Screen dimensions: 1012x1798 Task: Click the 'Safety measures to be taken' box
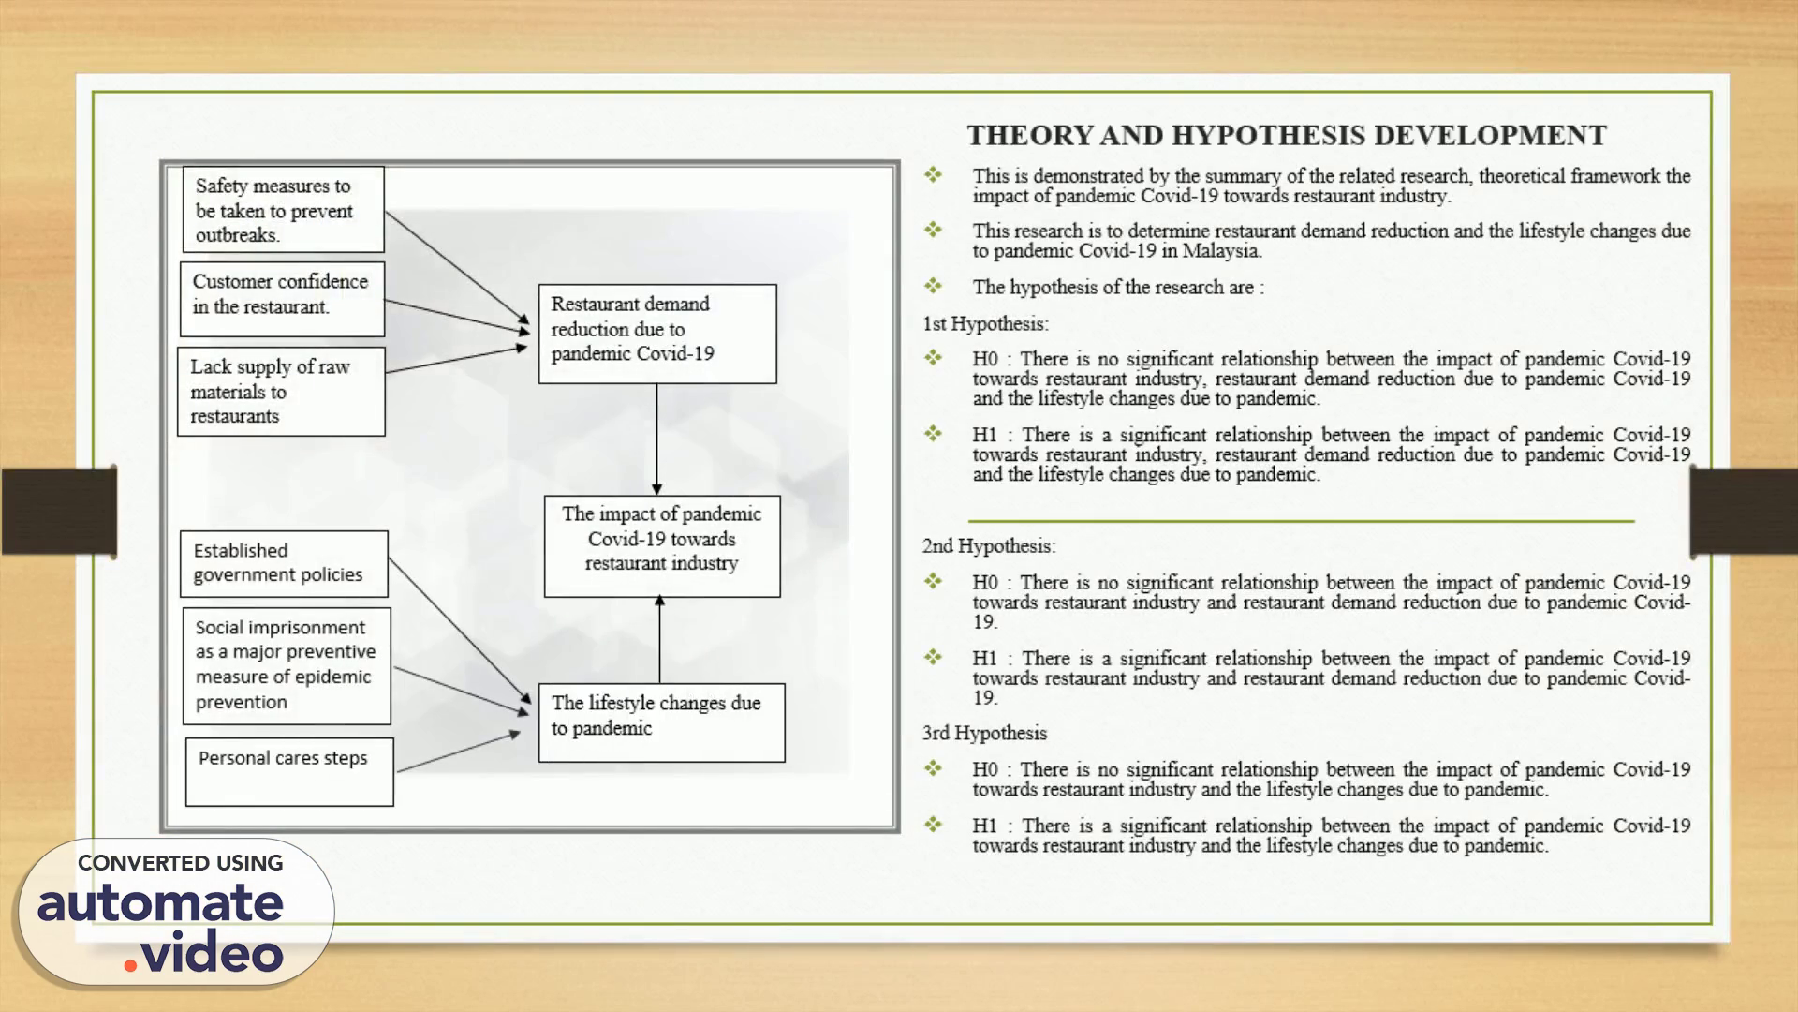[x=283, y=210]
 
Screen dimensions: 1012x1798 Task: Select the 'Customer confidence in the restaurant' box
[x=282, y=299]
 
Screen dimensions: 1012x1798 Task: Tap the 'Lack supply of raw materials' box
[x=281, y=392]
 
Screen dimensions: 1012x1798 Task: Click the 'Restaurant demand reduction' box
[x=656, y=334]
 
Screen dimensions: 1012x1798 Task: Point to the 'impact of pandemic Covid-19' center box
[x=662, y=545]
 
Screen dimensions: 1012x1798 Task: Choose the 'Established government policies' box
[x=284, y=564]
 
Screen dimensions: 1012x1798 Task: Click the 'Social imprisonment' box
[x=287, y=665]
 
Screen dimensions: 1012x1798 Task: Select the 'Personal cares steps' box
[x=289, y=771]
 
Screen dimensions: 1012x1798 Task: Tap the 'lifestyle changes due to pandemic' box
[x=661, y=722]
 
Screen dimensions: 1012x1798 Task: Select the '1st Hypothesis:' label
[x=985, y=324]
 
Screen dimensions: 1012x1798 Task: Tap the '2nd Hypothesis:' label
[x=989, y=546]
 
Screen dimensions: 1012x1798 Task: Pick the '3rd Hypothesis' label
[x=984, y=734]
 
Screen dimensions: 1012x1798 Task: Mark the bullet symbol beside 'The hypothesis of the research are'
[x=934, y=286]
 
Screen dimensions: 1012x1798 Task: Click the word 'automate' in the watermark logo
[x=160, y=903]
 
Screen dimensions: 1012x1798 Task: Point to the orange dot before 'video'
[x=130, y=964]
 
